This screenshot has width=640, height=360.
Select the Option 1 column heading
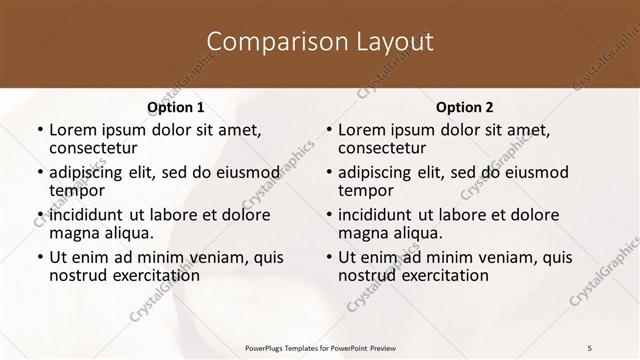click(x=175, y=107)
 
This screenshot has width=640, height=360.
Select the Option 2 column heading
click(x=464, y=107)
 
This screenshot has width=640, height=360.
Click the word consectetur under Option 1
click(x=97, y=148)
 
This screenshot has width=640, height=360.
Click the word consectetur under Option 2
click(x=386, y=148)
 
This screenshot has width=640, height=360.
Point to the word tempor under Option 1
click(x=76, y=191)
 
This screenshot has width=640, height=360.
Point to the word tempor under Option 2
click(x=365, y=191)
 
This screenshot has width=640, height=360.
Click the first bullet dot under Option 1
click(x=39, y=130)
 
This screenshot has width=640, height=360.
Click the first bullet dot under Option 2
click(x=328, y=130)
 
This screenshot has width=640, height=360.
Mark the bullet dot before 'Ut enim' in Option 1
click(x=39, y=258)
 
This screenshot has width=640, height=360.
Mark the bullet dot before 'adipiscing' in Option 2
click(x=328, y=173)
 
